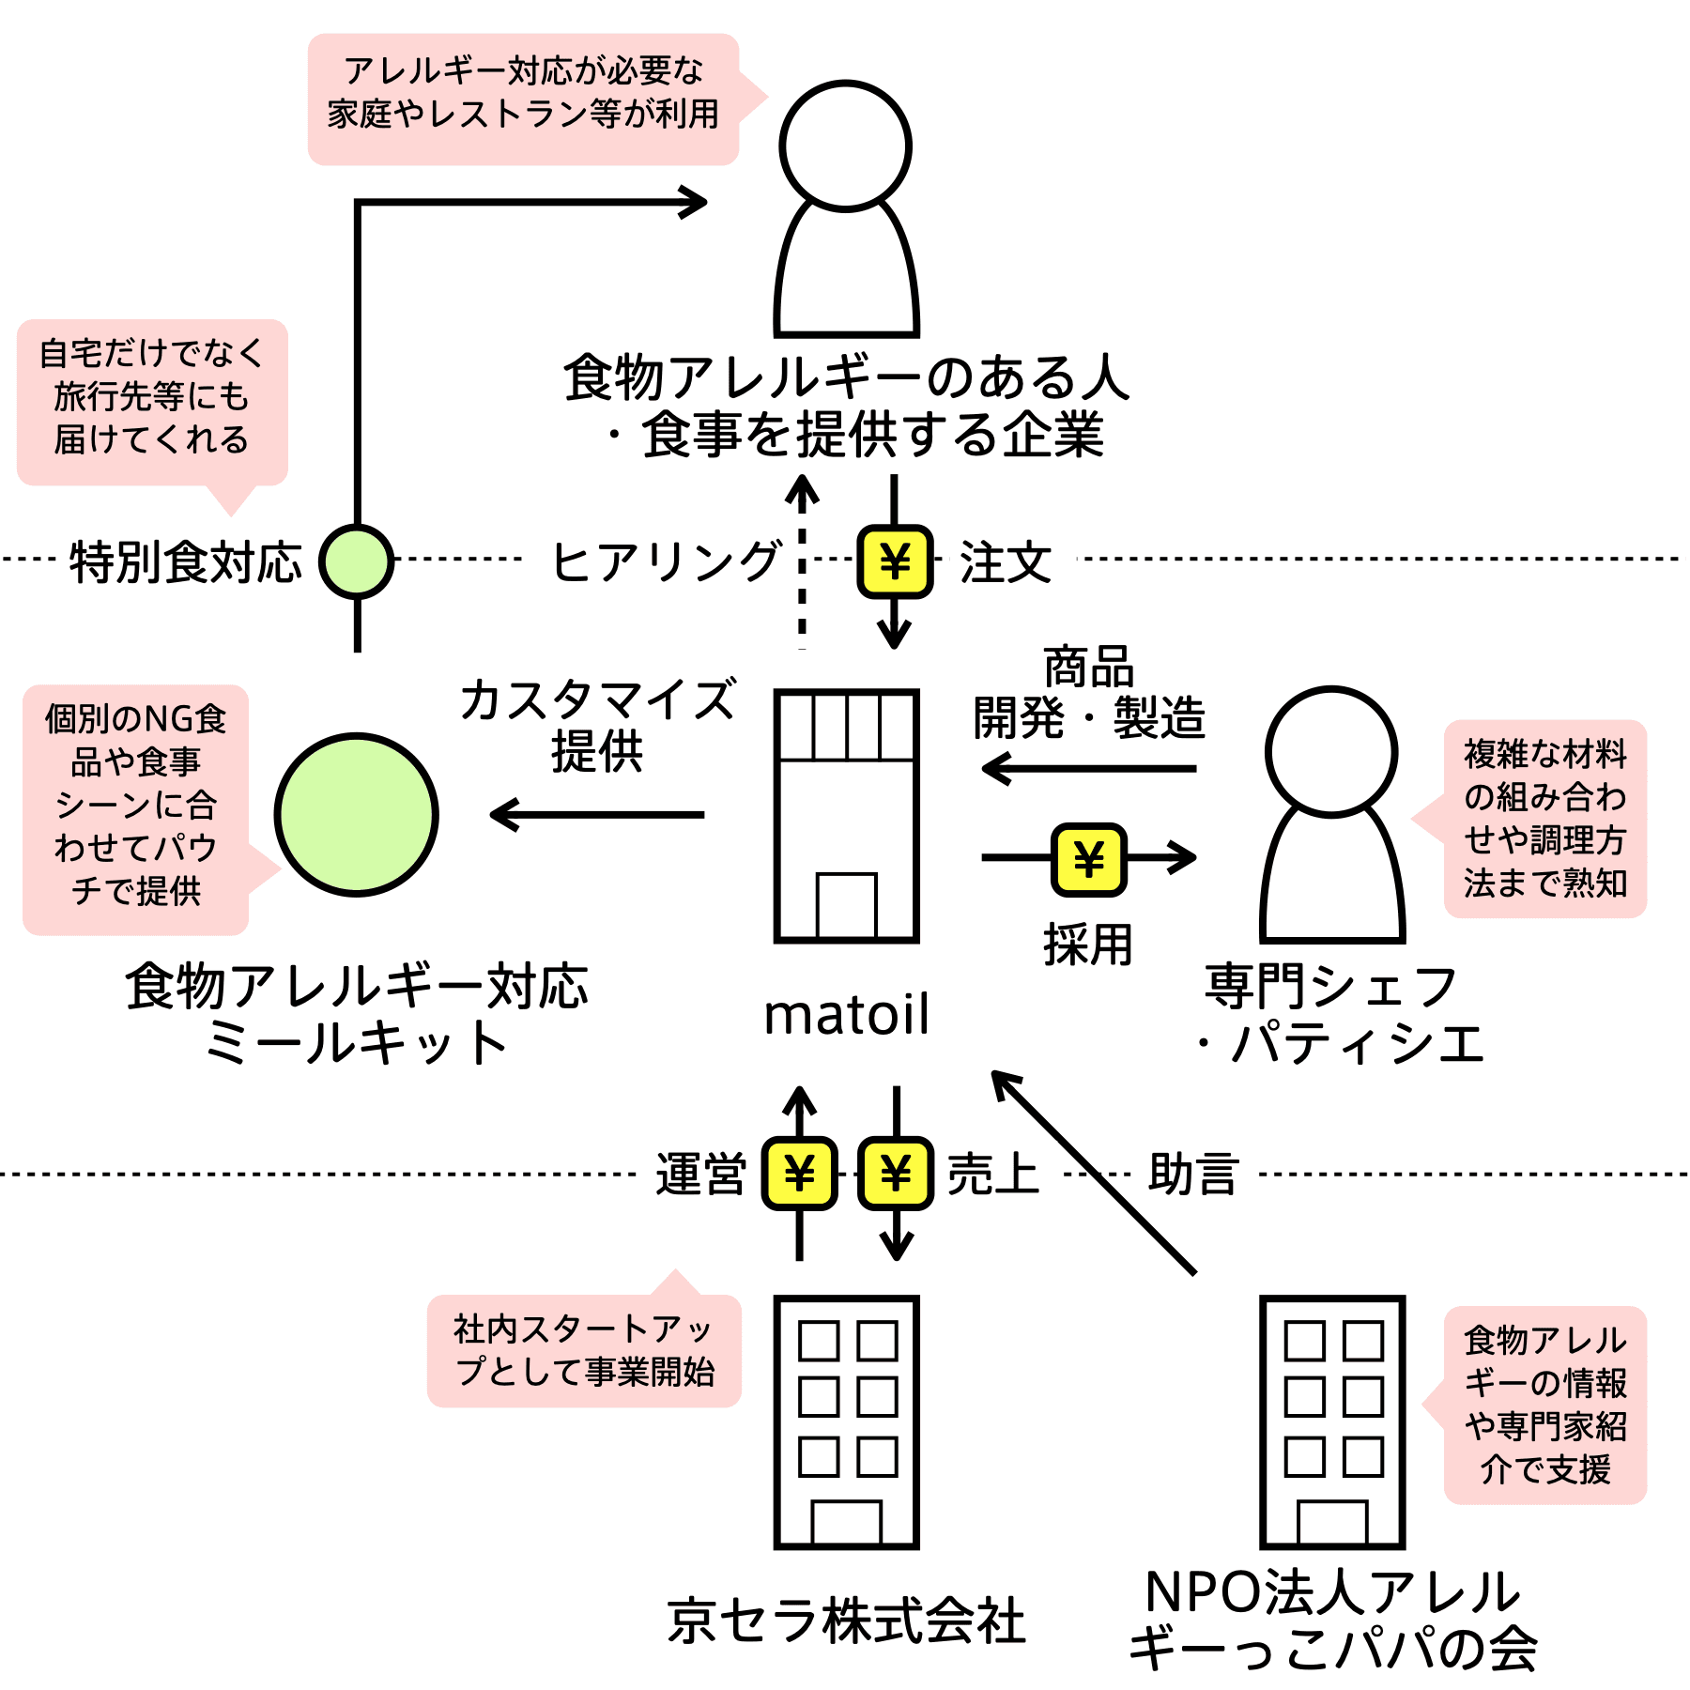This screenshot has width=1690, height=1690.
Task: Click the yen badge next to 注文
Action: click(x=895, y=561)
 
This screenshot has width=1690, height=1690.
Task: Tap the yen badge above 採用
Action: click(x=1088, y=858)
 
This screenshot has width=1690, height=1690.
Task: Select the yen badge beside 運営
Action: click(x=799, y=1174)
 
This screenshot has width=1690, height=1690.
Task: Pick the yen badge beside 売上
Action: click(x=896, y=1174)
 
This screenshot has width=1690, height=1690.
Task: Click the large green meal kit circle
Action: click(x=357, y=814)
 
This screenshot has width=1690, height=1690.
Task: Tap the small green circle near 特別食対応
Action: click(x=357, y=561)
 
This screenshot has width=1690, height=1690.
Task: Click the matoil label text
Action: click(x=847, y=1014)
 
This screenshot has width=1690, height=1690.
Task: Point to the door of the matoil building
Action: click(x=846, y=905)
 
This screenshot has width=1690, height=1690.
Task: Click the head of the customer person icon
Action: click(x=846, y=146)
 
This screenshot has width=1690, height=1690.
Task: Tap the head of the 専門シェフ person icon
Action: click(x=1331, y=752)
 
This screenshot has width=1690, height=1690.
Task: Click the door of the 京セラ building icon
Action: click(x=846, y=1522)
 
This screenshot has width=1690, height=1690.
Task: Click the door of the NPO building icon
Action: click(x=1331, y=1522)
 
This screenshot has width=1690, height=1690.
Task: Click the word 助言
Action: click(x=1193, y=1174)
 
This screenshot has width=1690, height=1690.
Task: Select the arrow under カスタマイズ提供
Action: click(x=597, y=814)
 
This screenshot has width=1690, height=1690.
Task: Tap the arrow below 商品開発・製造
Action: click(x=1088, y=769)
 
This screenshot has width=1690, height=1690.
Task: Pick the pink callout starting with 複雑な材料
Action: click(x=1544, y=819)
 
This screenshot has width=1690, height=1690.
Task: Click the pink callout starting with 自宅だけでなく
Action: click(x=152, y=402)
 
